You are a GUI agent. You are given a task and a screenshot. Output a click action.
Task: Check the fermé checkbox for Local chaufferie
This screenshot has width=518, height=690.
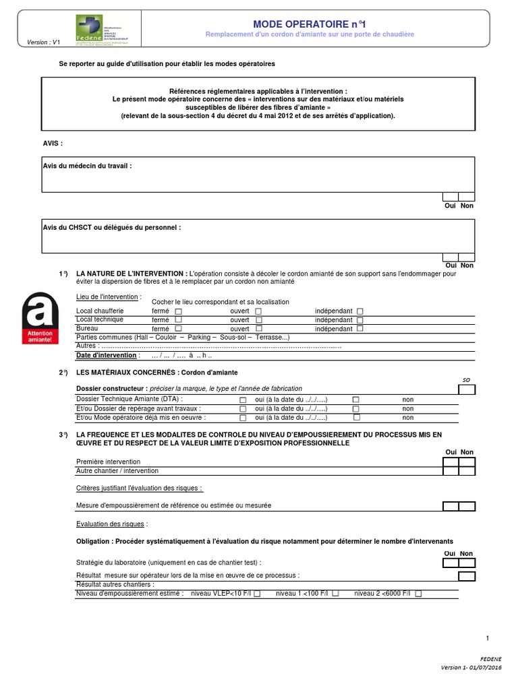click(x=178, y=311)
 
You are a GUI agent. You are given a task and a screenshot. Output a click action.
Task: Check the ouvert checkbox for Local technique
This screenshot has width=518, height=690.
click(x=258, y=320)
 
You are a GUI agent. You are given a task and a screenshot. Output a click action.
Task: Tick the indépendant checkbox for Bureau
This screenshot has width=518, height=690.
click(x=360, y=329)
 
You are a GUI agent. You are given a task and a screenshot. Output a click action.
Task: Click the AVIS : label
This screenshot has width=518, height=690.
click(x=53, y=144)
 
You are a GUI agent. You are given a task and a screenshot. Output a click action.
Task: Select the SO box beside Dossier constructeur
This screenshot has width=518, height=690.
click(x=467, y=389)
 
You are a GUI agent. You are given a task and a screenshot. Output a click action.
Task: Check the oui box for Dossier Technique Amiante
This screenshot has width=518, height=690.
click(x=243, y=400)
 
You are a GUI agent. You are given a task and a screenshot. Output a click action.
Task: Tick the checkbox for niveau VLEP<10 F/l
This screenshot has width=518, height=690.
click(x=257, y=594)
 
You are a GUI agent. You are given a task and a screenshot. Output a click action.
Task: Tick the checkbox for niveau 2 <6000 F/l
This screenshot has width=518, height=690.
click(x=418, y=594)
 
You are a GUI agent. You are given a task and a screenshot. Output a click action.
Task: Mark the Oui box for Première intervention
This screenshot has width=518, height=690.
click(x=450, y=462)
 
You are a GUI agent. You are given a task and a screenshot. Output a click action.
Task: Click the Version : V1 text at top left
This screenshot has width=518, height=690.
click(x=43, y=42)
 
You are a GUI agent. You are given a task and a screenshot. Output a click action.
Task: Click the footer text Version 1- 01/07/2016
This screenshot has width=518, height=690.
click(x=471, y=667)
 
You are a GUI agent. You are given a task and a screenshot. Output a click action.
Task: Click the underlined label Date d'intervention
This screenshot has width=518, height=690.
click(x=107, y=355)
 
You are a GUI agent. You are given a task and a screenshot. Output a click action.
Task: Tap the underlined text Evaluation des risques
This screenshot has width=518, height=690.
click(x=112, y=523)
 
